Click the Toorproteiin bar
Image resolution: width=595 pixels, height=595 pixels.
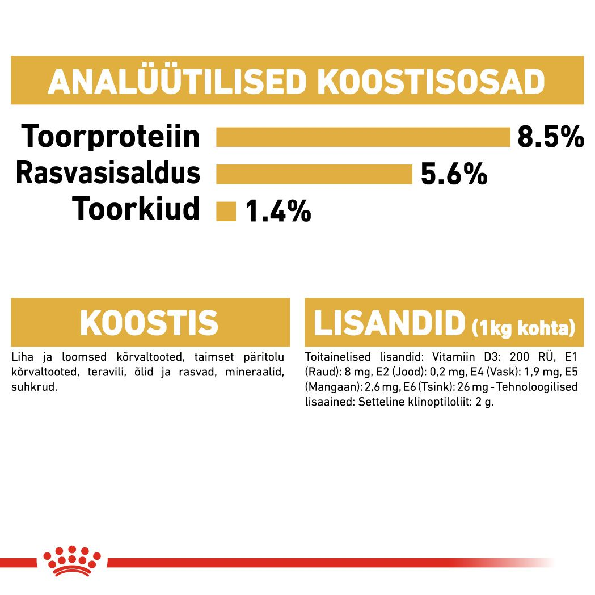pos(363,137)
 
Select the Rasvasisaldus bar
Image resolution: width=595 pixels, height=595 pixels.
pos(314,174)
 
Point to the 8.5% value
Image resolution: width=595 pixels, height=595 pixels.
pos(550,138)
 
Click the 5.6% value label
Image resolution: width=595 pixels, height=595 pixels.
pos(453,174)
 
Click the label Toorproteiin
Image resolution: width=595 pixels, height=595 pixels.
pos(111,137)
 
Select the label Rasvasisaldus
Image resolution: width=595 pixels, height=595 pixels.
pos(108,173)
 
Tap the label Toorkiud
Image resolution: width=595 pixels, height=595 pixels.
pos(136,209)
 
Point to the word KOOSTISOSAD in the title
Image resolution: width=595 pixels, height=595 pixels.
pos(431,83)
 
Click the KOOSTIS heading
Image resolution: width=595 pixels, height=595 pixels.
pos(149,323)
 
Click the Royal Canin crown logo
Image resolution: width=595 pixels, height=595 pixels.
pos(74,562)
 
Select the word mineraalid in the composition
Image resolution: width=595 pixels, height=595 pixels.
pos(255,372)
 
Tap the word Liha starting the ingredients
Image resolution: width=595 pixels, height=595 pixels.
pos(21,357)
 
